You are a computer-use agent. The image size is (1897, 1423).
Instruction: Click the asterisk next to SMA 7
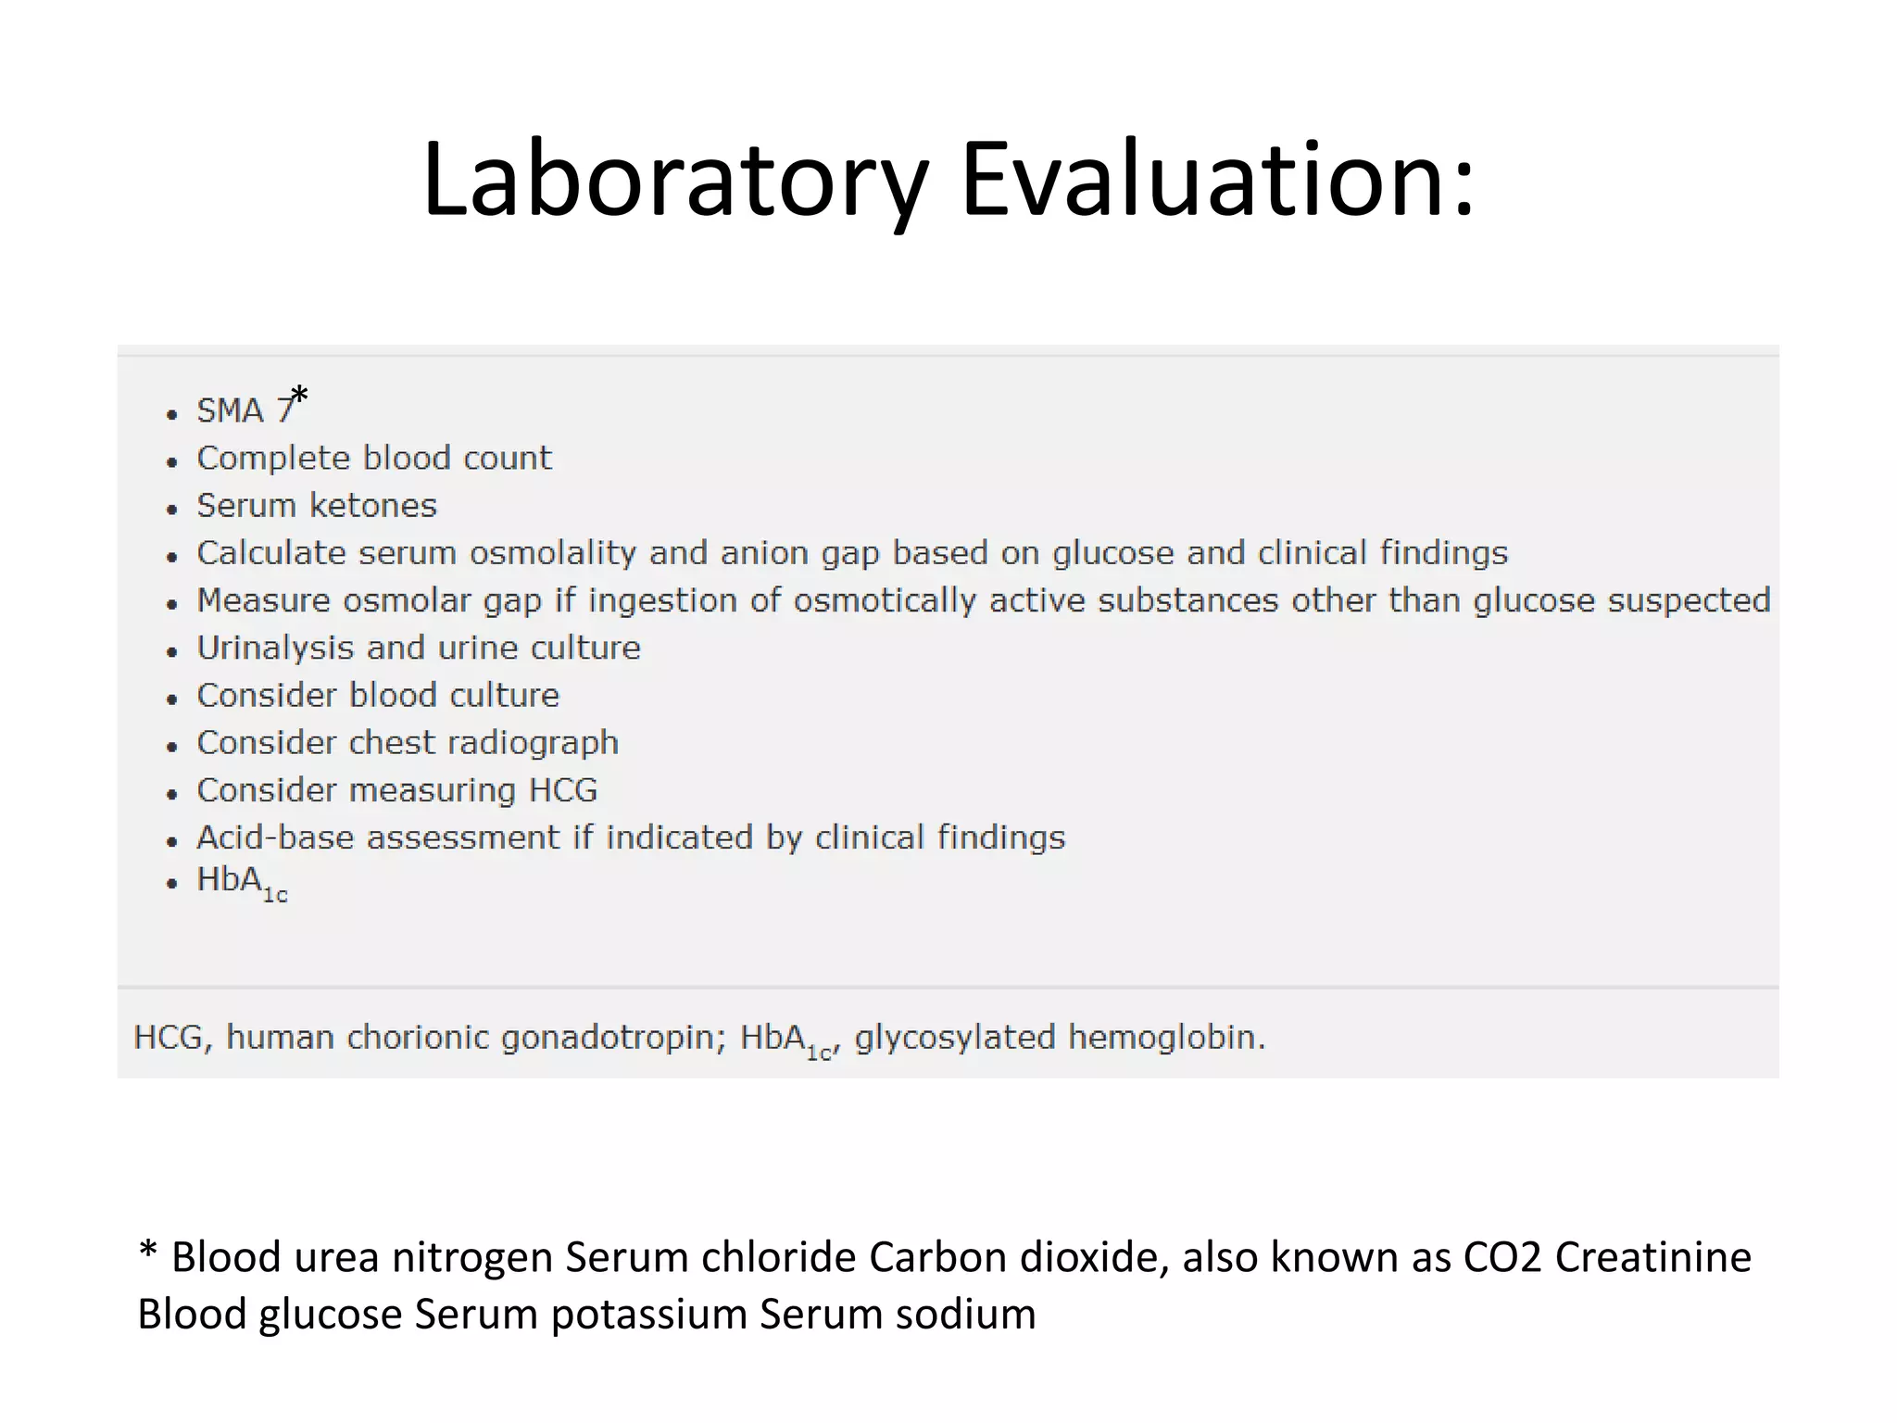click(x=299, y=397)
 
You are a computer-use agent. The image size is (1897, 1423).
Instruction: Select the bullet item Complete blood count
click(x=373, y=458)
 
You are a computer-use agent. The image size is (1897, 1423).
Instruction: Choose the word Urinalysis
click(x=275, y=648)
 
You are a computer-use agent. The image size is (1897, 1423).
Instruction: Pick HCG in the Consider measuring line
click(x=562, y=790)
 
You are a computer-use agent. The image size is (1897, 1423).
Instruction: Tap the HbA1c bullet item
click(x=242, y=883)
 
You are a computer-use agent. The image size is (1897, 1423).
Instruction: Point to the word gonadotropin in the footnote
click(x=612, y=1038)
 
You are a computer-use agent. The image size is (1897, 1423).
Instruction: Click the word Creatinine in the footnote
click(x=1653, y=1258)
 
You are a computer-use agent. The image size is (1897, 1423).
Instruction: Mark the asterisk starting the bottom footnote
click(x=147, y=1253)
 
